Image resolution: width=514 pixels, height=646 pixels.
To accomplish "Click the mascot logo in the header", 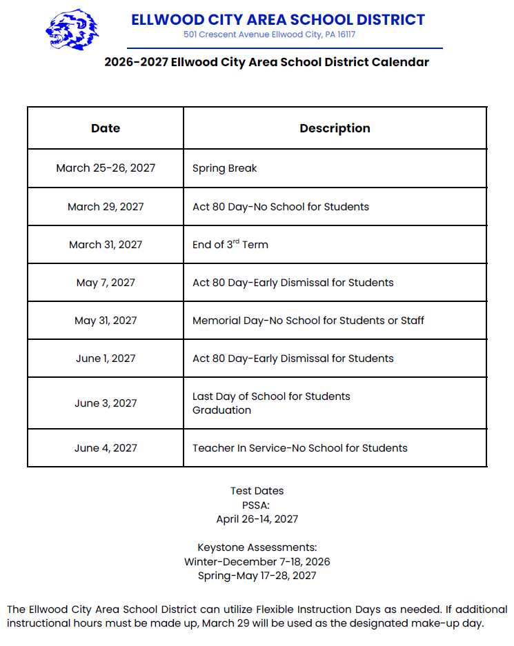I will coord(72,30).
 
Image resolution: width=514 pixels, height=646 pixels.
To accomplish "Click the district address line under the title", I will coord(269,34).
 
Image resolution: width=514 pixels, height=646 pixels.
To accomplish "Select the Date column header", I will coord(106,128).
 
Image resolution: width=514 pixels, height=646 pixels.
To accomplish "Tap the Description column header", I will coord(335,128).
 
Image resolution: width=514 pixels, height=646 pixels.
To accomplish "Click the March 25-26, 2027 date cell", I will coord(106,168).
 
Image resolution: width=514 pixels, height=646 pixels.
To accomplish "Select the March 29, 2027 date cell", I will coord(106,207).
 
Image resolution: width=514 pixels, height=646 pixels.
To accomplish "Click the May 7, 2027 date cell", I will coord(106,283).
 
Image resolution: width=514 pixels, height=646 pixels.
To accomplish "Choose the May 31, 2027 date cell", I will coord(106,321).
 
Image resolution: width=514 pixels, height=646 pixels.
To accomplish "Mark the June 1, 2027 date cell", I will coord(106,359).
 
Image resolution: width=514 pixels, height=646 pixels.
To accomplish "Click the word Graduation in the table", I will coord(221,410).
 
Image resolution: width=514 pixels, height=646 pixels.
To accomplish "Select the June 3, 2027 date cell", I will coord(106,403).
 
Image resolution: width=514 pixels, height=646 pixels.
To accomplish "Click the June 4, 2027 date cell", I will coord(106,448).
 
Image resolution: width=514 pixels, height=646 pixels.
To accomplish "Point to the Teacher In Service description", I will coord(299,448).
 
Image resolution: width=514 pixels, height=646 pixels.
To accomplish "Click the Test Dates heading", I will coord(257,491).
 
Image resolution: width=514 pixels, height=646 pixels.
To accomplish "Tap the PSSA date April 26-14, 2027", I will coord(257,518).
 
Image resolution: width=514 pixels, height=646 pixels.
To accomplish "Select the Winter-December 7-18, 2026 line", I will coord(257,562).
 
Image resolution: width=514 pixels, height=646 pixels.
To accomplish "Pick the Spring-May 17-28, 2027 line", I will coord(257,576).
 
